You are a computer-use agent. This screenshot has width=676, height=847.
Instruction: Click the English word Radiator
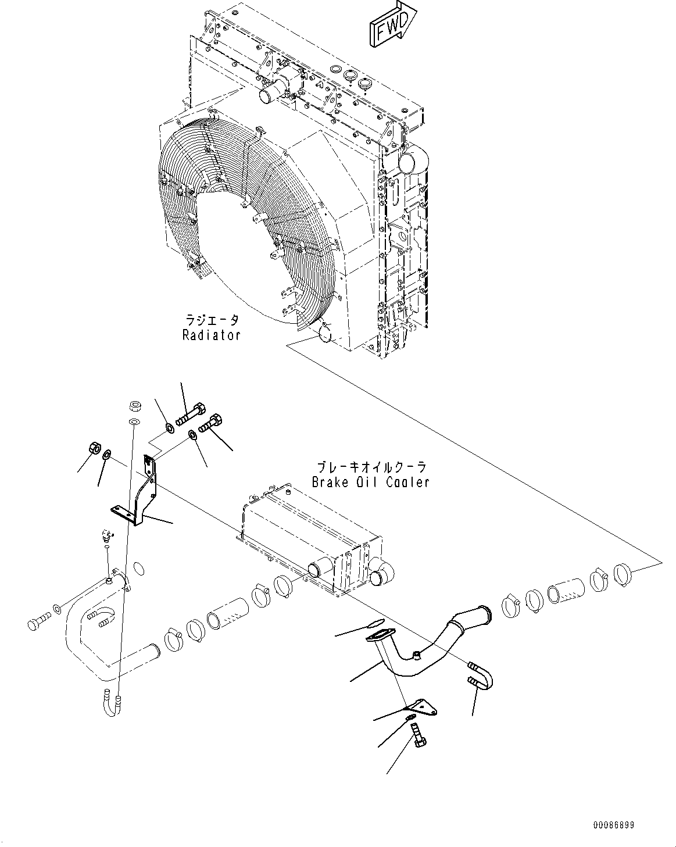point(211,335)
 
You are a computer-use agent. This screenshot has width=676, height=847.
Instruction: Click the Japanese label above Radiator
point(212,320)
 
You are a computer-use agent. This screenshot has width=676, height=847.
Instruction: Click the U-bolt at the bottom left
point(111,703)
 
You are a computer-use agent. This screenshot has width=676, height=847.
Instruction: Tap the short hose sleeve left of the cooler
point(228,612)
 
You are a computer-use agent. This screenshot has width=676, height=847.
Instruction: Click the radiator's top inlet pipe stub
point(274,91)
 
